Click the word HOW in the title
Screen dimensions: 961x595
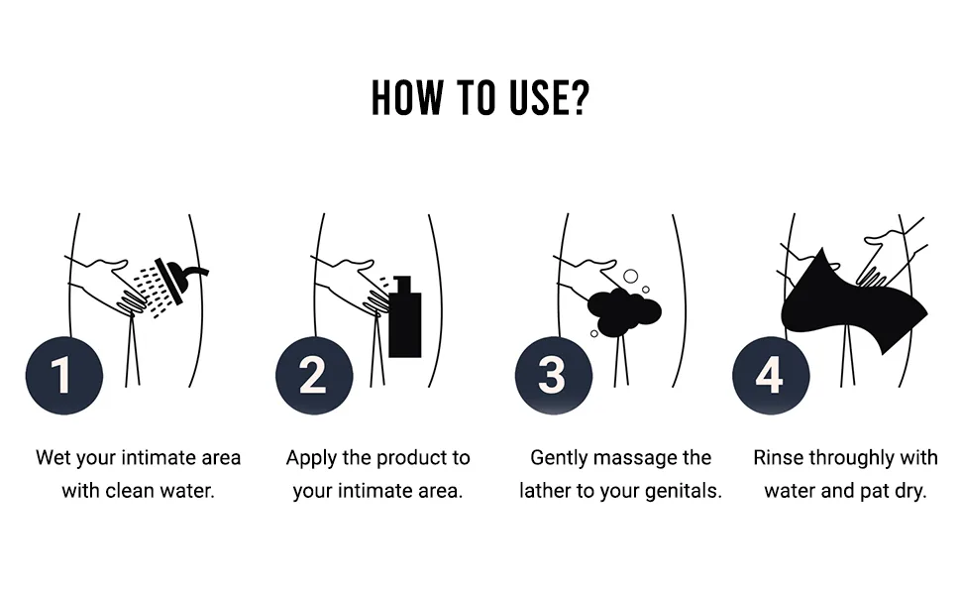coord(407,98)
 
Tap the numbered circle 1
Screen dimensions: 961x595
coord(64,376)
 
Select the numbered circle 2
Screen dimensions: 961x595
coord(314,376)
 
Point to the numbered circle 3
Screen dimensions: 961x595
coord(554,376)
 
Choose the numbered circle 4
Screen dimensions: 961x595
coord(771,376)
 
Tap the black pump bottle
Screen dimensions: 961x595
coord(405,316)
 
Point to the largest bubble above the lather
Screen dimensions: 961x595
coord(631,276)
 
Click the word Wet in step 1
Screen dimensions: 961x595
coord(52,457)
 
